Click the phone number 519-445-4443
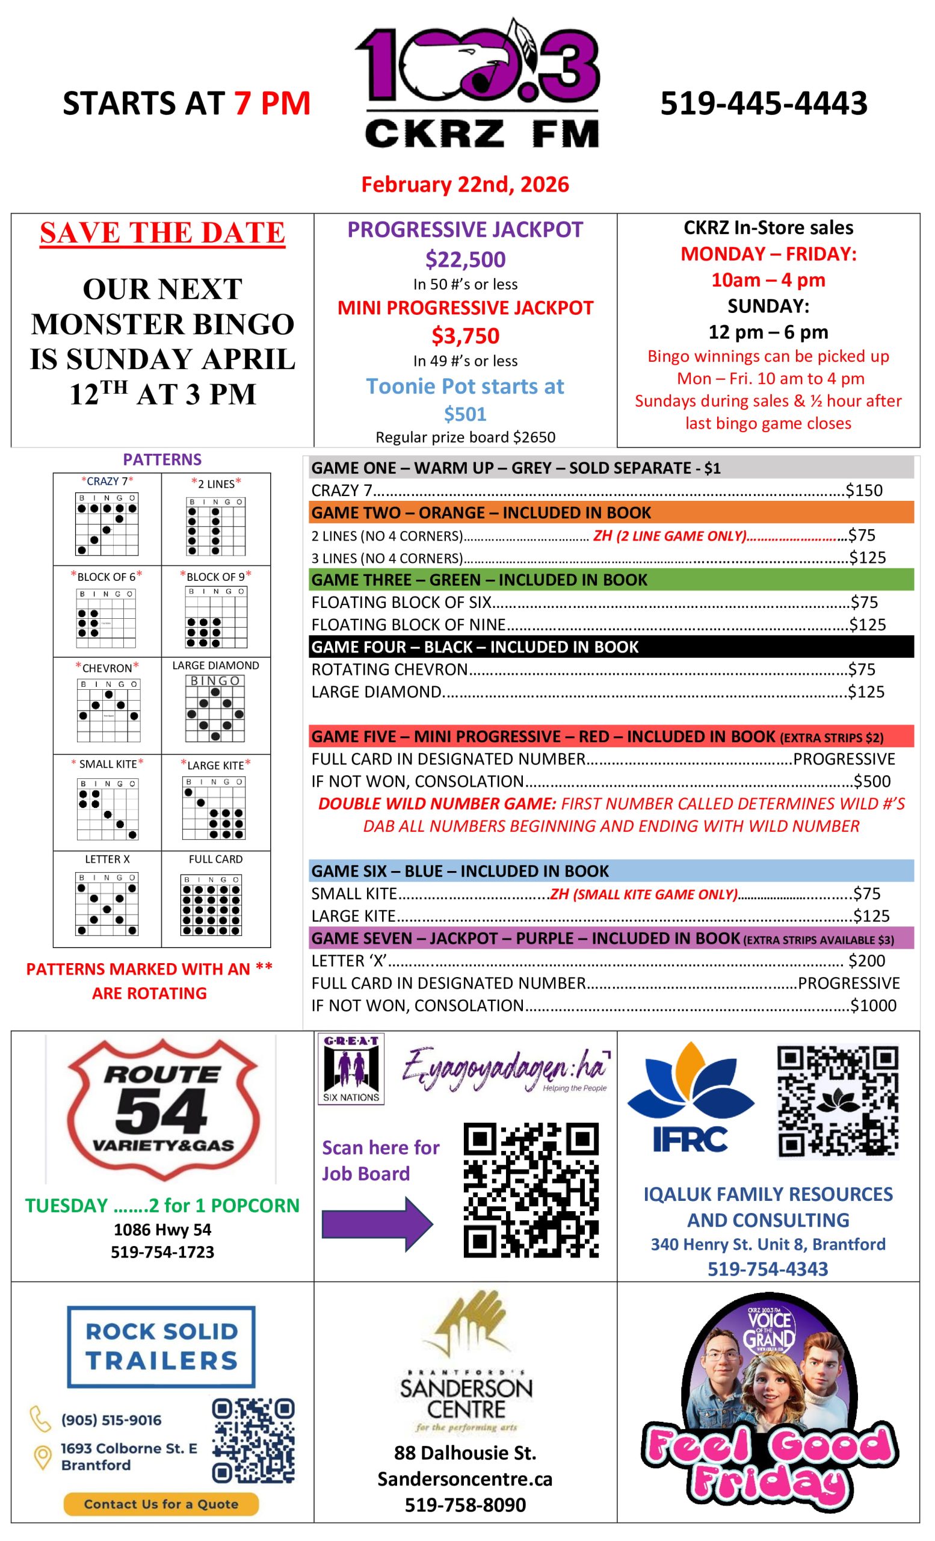(x=763, y=103)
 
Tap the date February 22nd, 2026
(x=465, y=184)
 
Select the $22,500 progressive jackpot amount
(x=465, y=259)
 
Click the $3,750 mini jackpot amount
(x=465, y=336)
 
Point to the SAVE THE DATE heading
(x=162, y=232)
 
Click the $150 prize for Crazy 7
(x=864, y=491)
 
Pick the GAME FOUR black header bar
(x=611, y=646)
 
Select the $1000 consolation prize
(x=873, y=1005)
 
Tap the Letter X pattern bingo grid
(x=107, y=904)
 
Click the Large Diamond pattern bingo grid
(x=215, y=708)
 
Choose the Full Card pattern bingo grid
(x=211, y=904)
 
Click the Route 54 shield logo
(x=162, y=1110)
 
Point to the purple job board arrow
(x=376, y=1223)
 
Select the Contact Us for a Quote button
(x=161, y=1504)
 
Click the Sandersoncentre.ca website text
(x=465, y=1478)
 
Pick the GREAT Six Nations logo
(x=351, y=1069)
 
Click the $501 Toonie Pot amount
(x=465, y=414)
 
